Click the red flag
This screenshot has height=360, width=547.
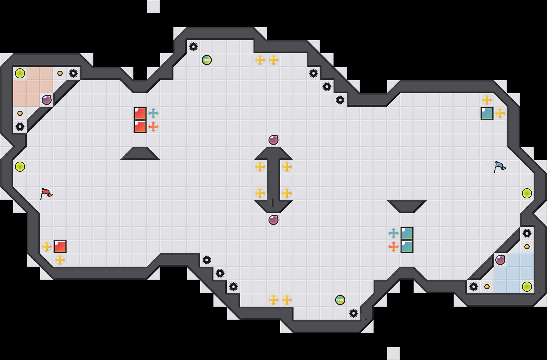pos(46,193)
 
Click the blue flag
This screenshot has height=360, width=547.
pos(500,166)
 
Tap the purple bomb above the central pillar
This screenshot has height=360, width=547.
pos(273,140)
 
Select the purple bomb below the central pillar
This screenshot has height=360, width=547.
pos(273,220)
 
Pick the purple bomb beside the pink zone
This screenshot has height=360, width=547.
pos(47,100)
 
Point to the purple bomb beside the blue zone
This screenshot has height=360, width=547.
pos(500,260)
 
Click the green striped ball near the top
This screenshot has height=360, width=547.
pos(207,60)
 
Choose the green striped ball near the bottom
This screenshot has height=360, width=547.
pos(340,300)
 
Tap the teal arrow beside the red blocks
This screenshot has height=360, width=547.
pos(153,113)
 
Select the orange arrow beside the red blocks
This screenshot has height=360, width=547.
pos(153,127)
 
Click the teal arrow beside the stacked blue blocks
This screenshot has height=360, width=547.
pos(394,233)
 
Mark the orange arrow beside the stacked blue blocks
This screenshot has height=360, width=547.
pos(394,247)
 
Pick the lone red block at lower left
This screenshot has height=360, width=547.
pos(60,247)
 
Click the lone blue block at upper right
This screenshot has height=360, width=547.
pos(487,113)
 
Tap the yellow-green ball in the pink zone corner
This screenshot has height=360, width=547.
pos(20,73)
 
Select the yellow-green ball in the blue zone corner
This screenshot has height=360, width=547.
pos(527,287)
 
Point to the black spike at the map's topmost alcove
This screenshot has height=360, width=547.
pos(193,47)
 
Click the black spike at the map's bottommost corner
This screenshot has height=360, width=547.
pos(354,313)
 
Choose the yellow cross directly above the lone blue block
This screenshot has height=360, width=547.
pos(487,100)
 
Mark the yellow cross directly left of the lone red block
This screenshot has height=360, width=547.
pos(47,247)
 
